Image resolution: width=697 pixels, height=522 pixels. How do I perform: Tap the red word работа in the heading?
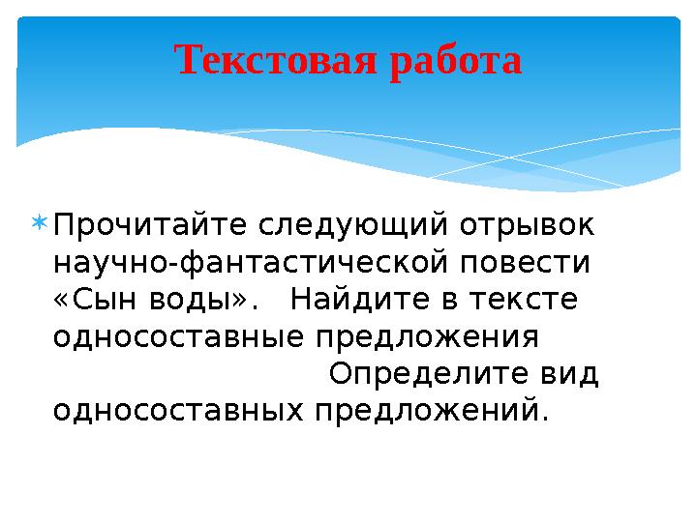(454, 62)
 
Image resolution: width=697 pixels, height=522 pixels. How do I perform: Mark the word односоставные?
(180, 337)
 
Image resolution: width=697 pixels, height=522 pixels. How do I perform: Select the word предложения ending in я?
(427, 337)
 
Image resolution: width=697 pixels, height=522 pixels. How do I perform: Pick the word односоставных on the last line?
(180, 411)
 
